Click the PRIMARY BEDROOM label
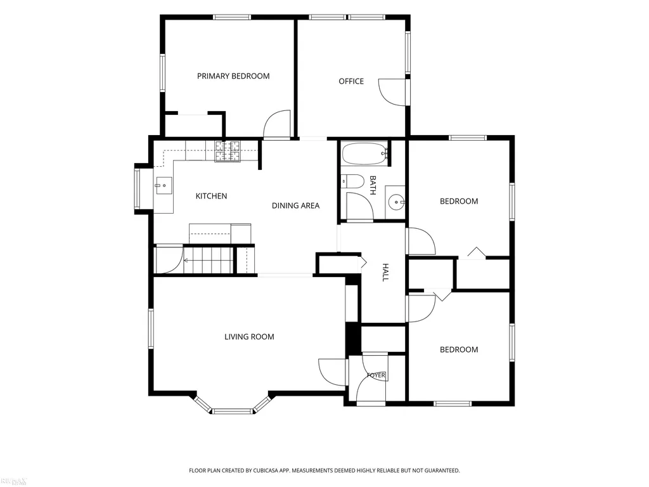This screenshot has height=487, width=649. point(233,76)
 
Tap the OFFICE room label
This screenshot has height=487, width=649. point(351,81)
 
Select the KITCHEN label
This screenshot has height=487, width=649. point(211,196)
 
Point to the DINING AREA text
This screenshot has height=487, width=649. point(295,205)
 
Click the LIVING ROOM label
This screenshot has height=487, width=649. point(249,337)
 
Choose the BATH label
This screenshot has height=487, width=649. point(373,185)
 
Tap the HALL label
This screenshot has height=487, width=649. point(385,272)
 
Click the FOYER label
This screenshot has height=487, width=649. point(376,375)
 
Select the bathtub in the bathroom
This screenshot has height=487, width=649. point(364,154)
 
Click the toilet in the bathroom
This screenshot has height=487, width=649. point(352,181)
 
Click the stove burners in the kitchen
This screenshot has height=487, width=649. point(227,151)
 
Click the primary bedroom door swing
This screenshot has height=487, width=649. point(278,124)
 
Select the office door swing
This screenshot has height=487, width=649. point(392,92)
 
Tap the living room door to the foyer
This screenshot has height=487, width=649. point(332,372)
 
